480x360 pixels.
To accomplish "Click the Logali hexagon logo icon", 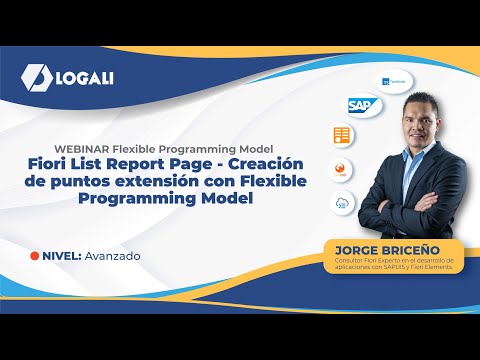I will coord(34,78).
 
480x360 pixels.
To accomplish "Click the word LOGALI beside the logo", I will coord(84,78).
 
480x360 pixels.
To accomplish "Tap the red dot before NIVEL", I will coord(36,256).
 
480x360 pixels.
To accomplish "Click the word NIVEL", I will coord(61,256).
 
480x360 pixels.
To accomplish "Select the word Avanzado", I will coord(113,256).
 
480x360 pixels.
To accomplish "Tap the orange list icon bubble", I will coord(341,135).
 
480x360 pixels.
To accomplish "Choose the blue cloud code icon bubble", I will coord(342,202).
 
